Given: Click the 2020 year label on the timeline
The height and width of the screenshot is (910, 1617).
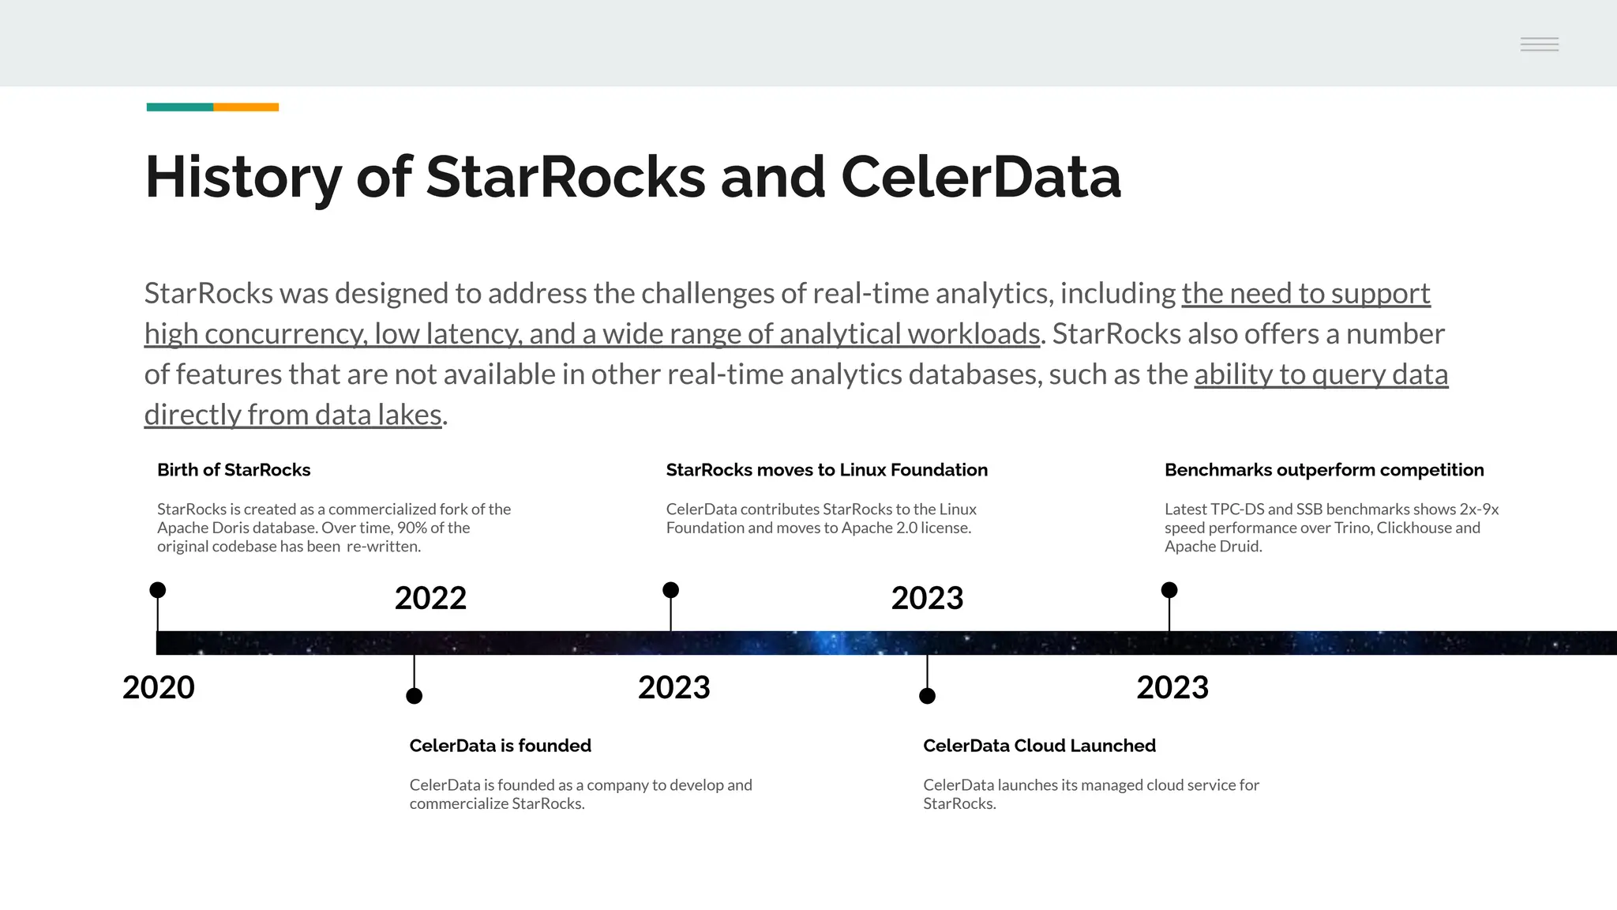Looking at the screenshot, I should click(x=159, y=687).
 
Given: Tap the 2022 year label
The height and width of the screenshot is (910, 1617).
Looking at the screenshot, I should click(x=430, y=598).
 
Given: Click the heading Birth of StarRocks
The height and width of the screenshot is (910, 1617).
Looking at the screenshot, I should click(x=234, y=470).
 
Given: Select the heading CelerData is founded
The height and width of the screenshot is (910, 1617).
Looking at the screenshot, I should click(x=500, y=746).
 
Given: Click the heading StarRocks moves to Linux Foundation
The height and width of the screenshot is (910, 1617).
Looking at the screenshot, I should click(x=827, y=470).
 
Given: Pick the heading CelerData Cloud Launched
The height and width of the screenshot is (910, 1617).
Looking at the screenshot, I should click(x=1039, y=746).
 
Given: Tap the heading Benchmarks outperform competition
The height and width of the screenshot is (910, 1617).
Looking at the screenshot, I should click(x=1324, y=470).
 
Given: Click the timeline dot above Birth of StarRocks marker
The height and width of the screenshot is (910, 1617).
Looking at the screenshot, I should click(x=158, y=590).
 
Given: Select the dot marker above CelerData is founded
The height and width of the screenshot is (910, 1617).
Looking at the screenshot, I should click(x=414, y=696).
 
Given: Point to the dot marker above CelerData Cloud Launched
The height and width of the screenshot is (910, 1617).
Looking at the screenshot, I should click(x=928, y=696).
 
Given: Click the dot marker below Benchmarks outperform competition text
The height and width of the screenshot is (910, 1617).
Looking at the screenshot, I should click(x=1169, y=590).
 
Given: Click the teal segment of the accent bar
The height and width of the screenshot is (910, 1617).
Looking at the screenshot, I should click(x=180, y=107).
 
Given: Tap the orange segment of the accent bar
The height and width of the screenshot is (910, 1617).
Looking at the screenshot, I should click(x=246, y=107).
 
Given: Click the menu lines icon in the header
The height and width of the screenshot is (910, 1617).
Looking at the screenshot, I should click(x=1539, y=44).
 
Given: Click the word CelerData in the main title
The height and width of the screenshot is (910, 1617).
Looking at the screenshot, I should click(x=981, y=177).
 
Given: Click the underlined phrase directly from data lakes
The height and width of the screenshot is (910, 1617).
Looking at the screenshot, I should click(x=293, y=415).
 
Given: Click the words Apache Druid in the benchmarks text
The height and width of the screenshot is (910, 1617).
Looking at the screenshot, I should click(x=1212, y=547).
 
